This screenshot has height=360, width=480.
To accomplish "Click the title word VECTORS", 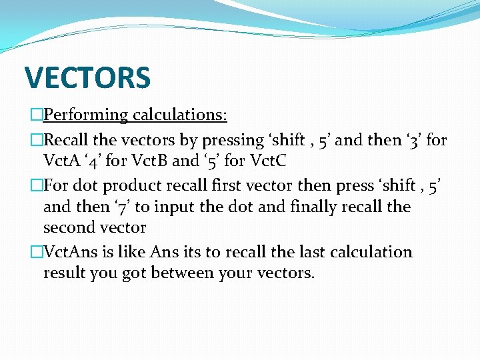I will pos(87,77).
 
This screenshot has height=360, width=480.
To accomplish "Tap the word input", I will pos(163,207).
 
